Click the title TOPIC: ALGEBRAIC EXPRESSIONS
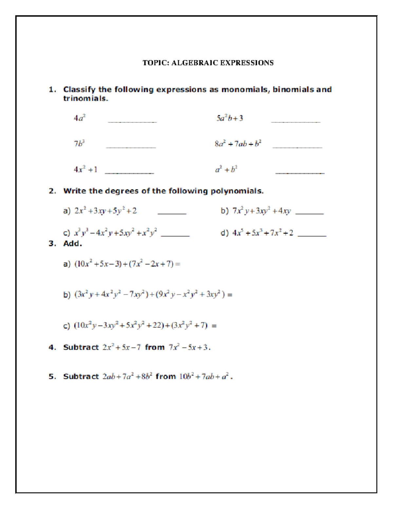[208, 63]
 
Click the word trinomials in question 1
[85, 98]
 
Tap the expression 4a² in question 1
[80, 118]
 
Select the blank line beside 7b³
[131, 147]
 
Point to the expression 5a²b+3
[230, 118]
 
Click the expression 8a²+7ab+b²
[238, 144]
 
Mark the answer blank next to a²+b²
[300, 173]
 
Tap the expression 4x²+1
[85, 169]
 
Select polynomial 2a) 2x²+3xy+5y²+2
[105, 211]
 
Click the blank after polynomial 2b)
[309, 213]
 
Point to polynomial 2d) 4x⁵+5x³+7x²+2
[263, 233]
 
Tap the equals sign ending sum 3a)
[178, 264]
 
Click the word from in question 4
[155, 347]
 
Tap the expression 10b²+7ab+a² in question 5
[204, 377]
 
